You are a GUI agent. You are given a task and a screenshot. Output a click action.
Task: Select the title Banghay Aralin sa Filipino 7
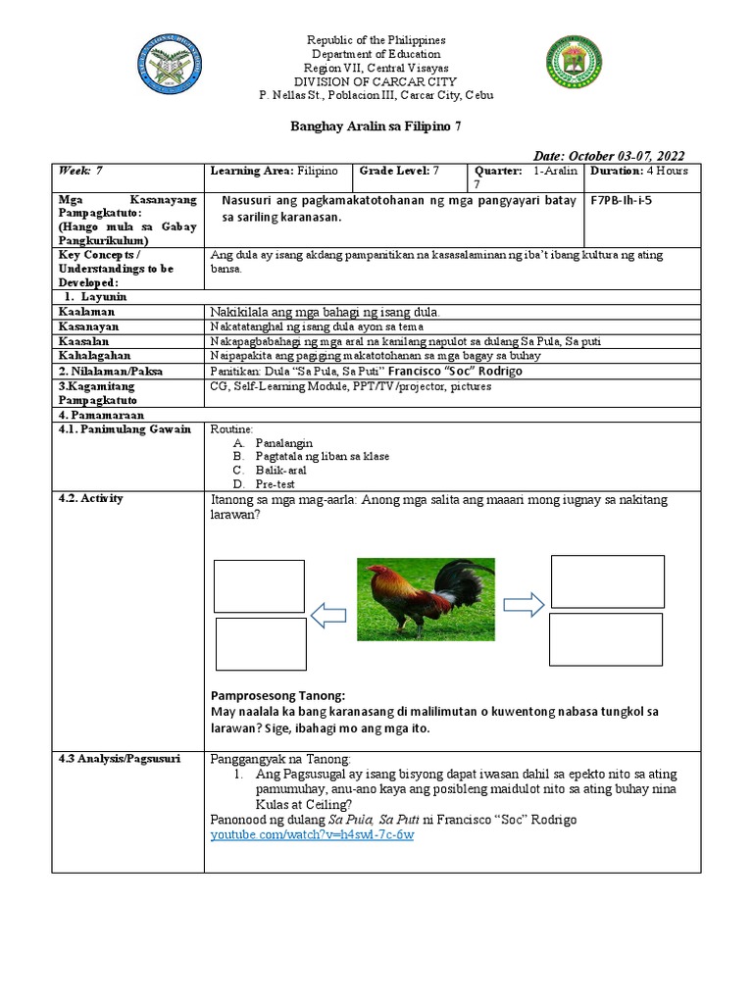click(x=376, y=126)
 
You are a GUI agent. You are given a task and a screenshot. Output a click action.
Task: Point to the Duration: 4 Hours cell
click(x=639, y=171)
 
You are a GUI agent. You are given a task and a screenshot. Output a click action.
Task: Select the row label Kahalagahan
click(x=95, y=355)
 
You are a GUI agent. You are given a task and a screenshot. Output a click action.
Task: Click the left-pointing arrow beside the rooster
click(x=327, y=615)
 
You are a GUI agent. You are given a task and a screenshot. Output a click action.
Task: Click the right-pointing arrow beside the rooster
click(x=524, y=605)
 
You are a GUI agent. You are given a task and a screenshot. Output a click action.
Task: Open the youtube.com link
click(x=313, y=834)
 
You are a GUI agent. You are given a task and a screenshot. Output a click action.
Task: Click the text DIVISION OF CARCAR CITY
click(x=376, y=81)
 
